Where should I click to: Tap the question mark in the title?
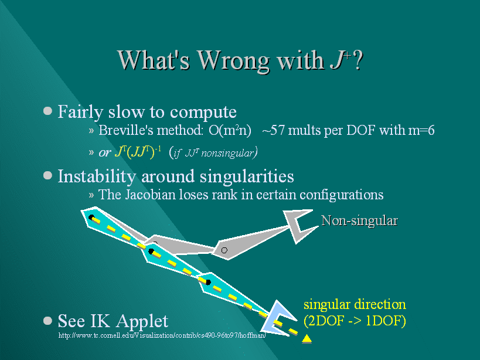[x=358, y=60]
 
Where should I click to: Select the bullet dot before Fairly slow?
[x=47, y=110]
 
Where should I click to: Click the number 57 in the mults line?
[x=278, y=130]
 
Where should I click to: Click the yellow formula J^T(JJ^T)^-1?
[x=138, y=151]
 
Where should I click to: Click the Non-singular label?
[x=359, y=220]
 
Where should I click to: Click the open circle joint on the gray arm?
[x=224, y=250]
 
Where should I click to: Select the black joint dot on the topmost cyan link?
[x=91, y=218]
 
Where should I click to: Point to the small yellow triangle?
[x=307, y=338]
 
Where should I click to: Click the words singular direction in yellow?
[x=355, y=304]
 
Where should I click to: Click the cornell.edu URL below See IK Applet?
[x=162, y=335]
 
